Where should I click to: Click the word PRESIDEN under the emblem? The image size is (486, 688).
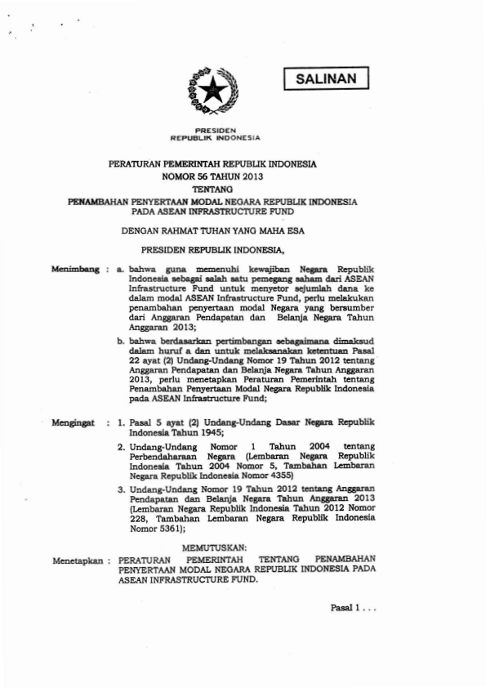click(x=215, y=128)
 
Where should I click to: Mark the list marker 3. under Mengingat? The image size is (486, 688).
click(x=121, y=488)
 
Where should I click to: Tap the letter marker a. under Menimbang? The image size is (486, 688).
click(x=121, y=267)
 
